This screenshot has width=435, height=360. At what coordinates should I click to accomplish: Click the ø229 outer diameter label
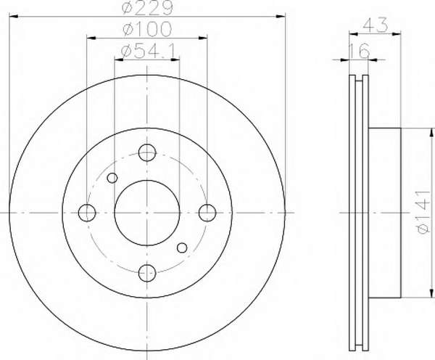coord(147,7)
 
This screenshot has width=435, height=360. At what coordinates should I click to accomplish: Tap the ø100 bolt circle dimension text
coord(147,30)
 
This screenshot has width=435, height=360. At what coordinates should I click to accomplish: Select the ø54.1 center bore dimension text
coord(148,52)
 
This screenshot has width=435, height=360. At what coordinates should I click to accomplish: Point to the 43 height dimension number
coord(375,25)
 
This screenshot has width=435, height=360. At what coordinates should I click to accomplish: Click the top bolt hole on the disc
coord(147,152)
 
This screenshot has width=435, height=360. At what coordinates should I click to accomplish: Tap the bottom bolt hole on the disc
coord(147,273)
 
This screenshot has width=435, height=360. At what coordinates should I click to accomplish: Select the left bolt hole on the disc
coord(87,213)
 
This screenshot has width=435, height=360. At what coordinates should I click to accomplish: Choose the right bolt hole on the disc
coord(207,213)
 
